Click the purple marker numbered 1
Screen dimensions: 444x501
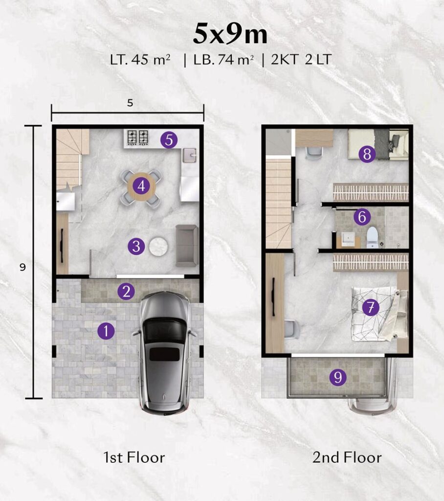point(106,331)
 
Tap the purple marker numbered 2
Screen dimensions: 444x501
point(126,292)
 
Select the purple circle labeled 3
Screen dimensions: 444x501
point(136,247)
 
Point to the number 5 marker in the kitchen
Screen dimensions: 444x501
point(169,139)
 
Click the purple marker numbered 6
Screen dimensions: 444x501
point(362,217)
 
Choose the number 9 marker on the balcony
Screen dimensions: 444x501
point(338,377)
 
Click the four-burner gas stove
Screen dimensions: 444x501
point(138,137)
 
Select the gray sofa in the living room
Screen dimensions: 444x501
point(187,246)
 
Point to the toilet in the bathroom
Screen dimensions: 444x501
point(372,237)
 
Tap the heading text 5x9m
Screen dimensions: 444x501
point(230,34)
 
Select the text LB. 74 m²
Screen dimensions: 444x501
point(224,60)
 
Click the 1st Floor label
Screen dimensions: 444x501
point(134,457)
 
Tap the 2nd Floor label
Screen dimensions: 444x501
point(347,457)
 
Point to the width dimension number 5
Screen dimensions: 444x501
point(130,103)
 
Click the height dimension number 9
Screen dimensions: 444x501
point(22,267)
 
